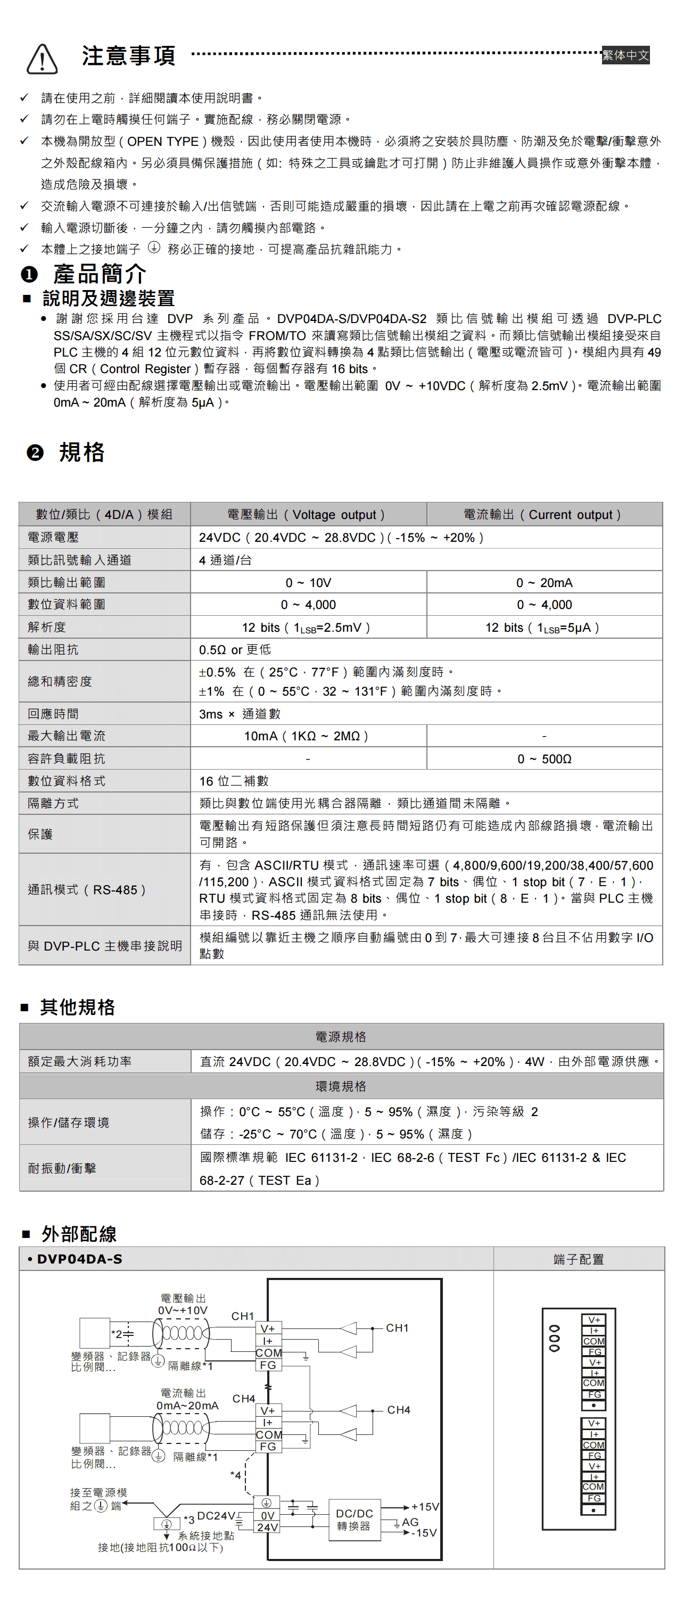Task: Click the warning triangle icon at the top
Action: pos(42,59)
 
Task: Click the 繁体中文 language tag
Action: pos(625,55)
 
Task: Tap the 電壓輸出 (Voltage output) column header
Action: pos(308,515)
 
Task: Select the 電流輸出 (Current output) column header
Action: pos(544,515)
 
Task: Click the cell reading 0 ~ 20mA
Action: pos(544,582)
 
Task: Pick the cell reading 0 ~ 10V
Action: pos(308,582)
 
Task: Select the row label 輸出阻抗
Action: pos(53,649)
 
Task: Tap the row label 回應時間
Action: pos(53,714)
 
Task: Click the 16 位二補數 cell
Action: pos(234,781)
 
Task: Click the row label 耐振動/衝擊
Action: pos(62,1168)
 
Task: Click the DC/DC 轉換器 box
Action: pos(354,1520)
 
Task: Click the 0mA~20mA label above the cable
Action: pos(187,1405)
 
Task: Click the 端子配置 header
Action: pos(578,1259)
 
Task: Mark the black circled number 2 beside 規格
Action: pos(35,452)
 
